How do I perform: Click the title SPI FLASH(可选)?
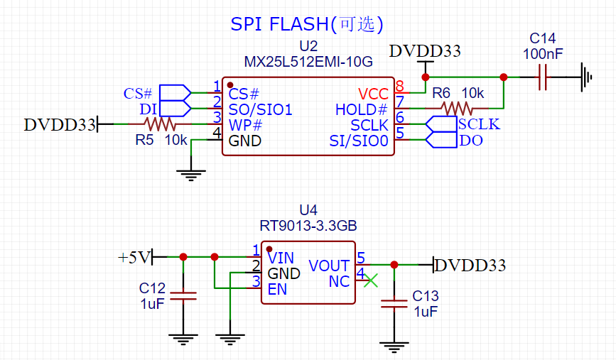click(307, 24)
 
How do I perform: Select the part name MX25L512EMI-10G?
click(308, 62)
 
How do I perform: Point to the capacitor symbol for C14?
click(543, 77)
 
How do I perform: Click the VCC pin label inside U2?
click(373, 94)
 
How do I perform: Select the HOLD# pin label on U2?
click(361, 109)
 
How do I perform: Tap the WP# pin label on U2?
click(246, 125)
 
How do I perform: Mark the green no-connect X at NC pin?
click(371, 281)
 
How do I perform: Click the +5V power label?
click(134, 257)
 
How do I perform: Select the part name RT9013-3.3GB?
click(308, 226)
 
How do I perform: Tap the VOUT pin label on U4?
click(328, 266)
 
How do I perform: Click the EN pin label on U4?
click(276, 289)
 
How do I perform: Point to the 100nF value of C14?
click(544, 53)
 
